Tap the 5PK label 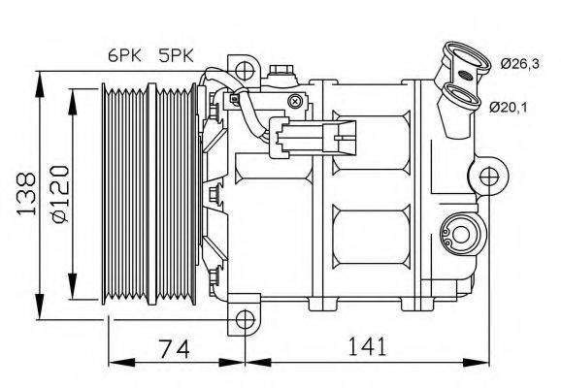pos(176,57)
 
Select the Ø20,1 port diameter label pos(511,106)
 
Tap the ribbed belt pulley pos(146,194)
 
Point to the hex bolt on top pos(282,69)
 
